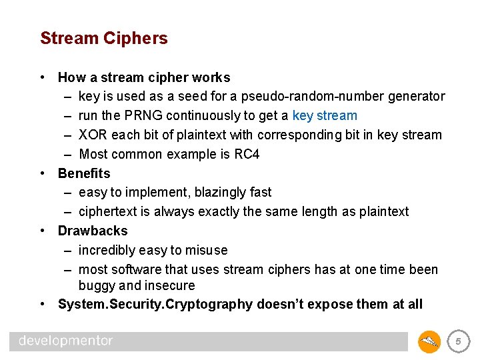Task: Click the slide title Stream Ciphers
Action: coord(104,39)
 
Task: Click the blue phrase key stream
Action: coord(325,116)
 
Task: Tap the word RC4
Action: coord(247,155)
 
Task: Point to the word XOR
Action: coord(93,135)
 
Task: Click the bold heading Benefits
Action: coord(84,173)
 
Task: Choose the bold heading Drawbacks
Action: coord(93,231)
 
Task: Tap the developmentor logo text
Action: coord(66,341)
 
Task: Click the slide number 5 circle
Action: coord(458,342)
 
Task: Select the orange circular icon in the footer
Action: coord(429,342)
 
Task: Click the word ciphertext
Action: coord(108,212)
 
